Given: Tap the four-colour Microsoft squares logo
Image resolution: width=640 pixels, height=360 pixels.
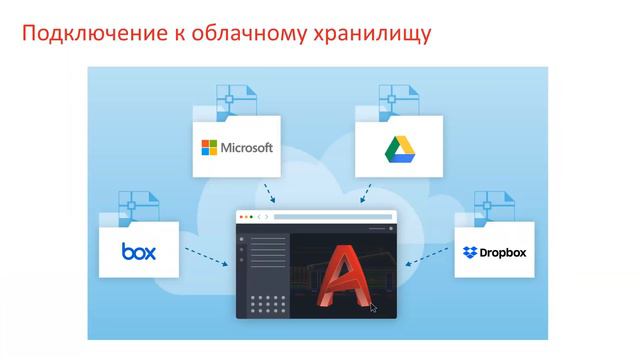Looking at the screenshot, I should pyautogui.click(x=209, y=148).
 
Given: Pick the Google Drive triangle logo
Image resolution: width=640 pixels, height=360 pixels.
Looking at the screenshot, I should pyautogui.click(x=399, y=148).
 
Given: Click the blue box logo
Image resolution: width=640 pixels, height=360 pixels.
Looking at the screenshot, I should pyautogui.click(x=139, y=251).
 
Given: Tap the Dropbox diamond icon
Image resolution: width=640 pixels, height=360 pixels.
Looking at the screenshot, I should pyautogui.click(x=470, y=253).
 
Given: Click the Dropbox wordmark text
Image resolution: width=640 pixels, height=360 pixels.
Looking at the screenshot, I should pyautogui.click(x=503, y=253).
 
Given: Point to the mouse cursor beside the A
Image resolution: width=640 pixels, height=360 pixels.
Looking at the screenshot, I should pyautogui.click(x=373, y=308).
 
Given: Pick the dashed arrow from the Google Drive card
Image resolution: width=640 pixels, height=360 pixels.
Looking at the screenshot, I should pyautogui.click(x=366, y=193).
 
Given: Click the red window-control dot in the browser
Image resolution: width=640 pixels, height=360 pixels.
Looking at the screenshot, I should pyautogui.click(x=240, y=217).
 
